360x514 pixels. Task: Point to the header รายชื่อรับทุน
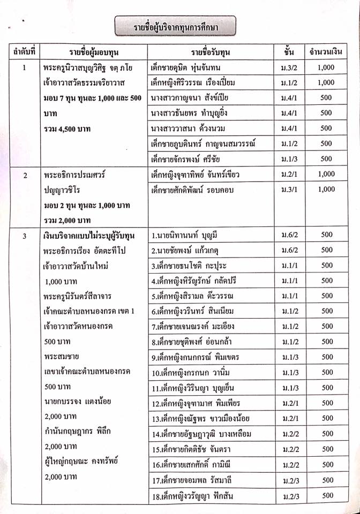click(209, 52)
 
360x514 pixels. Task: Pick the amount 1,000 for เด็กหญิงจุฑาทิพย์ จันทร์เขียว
click(326, 174)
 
